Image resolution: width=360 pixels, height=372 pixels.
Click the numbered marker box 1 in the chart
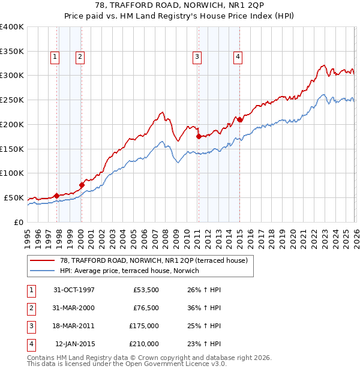tap(55, 57)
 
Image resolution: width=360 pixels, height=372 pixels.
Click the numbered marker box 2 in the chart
tap(80, 57)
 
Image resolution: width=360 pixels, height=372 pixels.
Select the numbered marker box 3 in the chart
tap(196, 57)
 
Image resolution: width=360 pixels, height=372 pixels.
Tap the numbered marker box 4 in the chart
tap(238, 57)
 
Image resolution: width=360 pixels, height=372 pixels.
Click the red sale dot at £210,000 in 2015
tap(239, 119)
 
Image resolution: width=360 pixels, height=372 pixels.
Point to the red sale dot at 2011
tap(199, 136)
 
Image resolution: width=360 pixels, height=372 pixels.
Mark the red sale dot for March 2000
tap(82, 185)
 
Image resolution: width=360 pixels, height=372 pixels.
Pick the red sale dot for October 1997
tap(57, 196)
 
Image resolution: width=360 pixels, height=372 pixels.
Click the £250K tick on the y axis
tap(12, 100)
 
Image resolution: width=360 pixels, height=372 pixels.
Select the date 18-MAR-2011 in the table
tap(74, 326)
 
